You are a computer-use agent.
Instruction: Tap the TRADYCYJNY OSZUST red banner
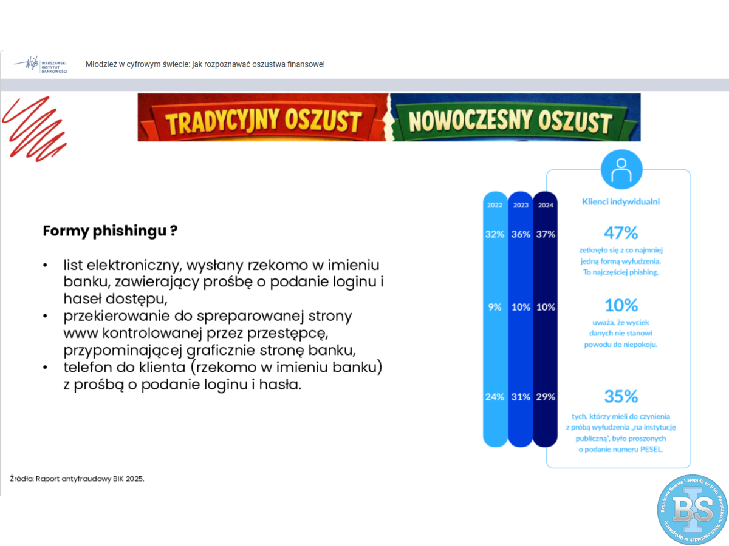click(x=264, y=119)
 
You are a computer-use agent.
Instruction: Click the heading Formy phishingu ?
click(x=110, y=231)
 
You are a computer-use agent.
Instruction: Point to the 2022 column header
click(x=495, y=206)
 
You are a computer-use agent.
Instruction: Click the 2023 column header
click(x=521, y=206)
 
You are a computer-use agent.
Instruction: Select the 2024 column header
click(x=546, y=206)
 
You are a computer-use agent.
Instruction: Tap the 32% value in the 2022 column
click(x=495, y=234)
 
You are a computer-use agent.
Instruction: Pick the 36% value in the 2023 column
click(x=521, y=234)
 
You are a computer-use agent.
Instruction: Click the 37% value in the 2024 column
click(x=546, y=234)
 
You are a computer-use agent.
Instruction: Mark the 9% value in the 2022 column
click(x=495, y=307)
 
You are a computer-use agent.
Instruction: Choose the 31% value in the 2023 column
click(x=521, y=397)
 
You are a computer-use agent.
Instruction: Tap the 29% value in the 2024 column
click(x=546, y=397)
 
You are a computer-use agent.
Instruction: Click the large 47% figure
click(x=620, y=232)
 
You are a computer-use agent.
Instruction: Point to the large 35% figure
click(x=620, y=397)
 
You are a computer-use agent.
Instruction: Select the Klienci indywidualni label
click(x=620, y=202)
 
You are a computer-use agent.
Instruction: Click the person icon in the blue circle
click(x=621, y=170)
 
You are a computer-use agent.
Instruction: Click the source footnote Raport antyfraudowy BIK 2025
click(x=77, y=479)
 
